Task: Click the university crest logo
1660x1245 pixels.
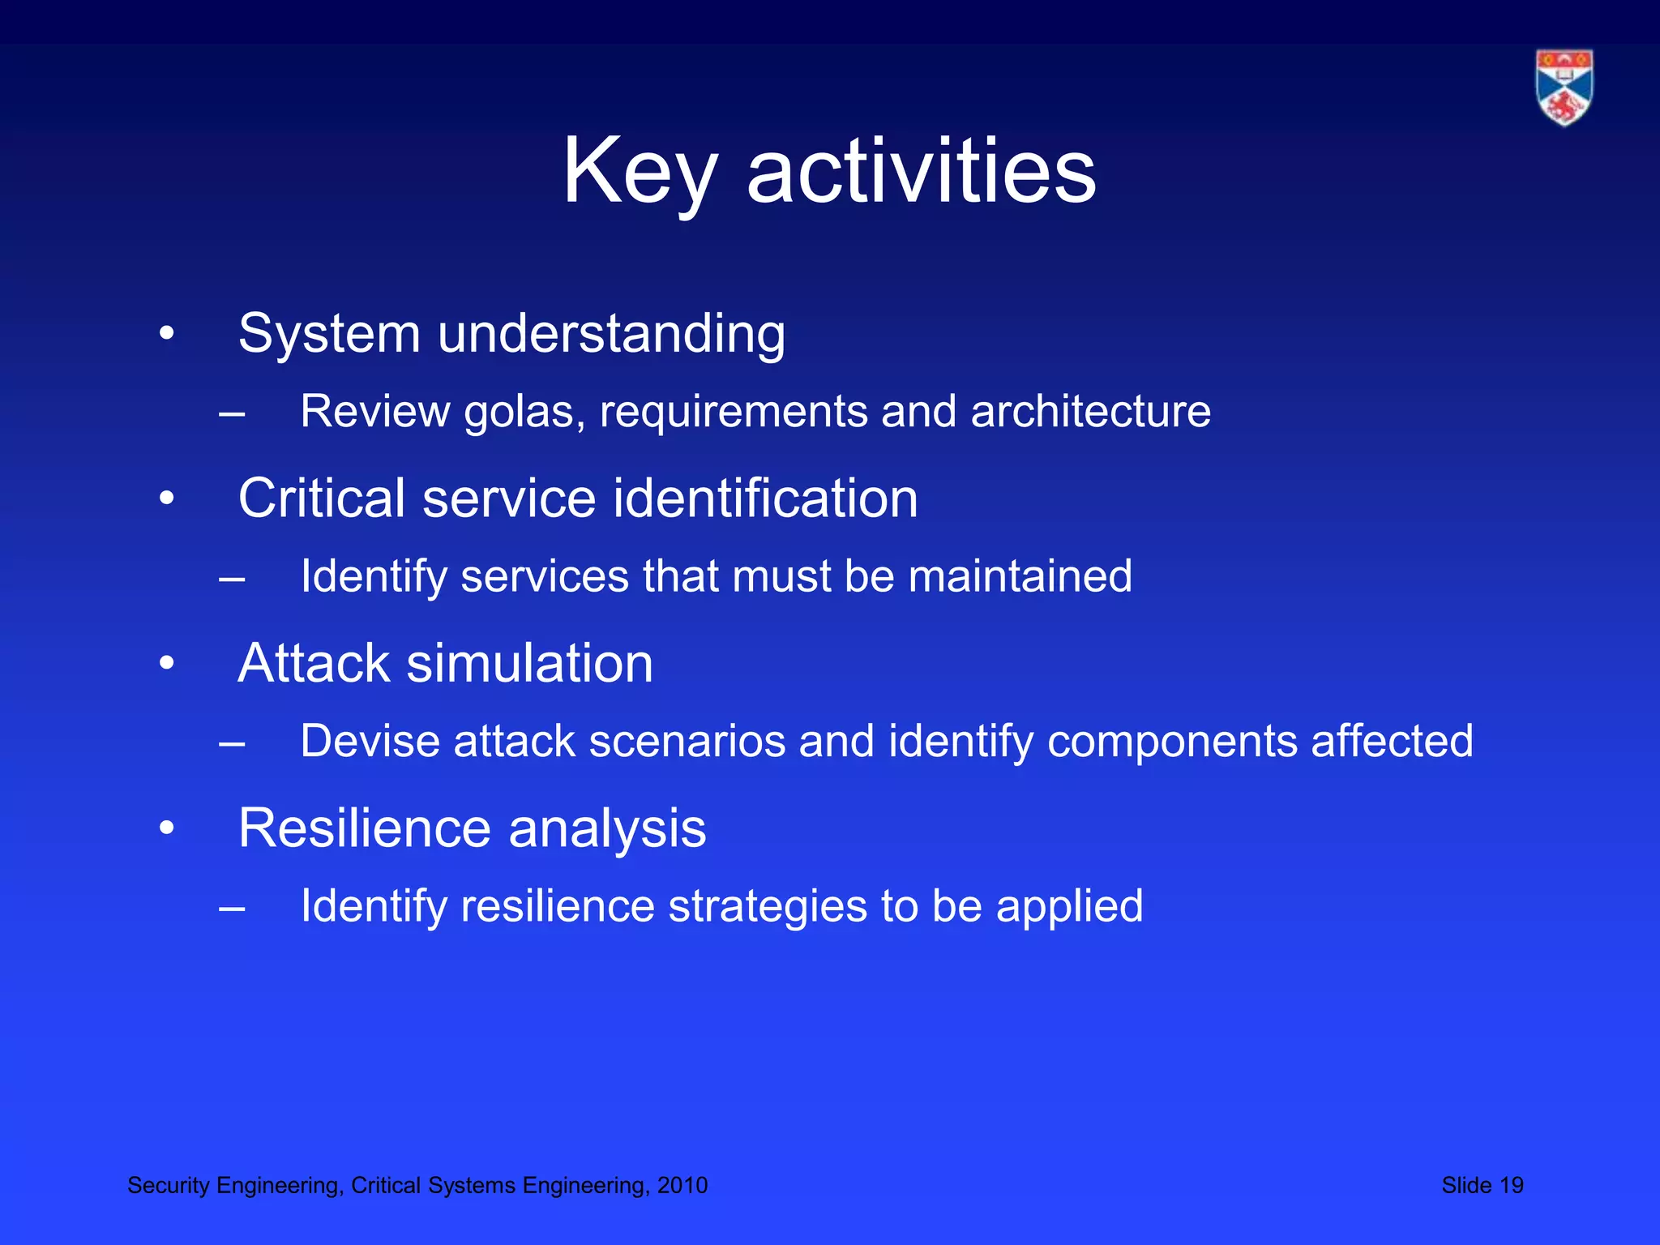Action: coord(1564,88)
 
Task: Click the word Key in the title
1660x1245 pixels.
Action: coord(640,171)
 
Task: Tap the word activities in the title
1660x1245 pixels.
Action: coord(921,171)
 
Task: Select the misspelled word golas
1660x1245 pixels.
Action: coord(524,412)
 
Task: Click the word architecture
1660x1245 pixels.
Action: coord(1090,411)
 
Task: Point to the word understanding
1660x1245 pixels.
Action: coord(611,333)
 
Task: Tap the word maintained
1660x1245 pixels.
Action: coord(1020,576)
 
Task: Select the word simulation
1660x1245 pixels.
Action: coord(529,663)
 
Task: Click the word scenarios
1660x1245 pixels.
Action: coord(687,741)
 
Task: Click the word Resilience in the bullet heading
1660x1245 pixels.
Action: coord(365,828)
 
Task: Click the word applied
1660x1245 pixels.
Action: coord(1069,906)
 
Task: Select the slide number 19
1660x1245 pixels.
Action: coord(1511,1185)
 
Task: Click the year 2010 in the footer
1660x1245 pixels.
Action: coord(682,1185)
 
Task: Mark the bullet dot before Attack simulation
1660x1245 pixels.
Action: coord(167,664)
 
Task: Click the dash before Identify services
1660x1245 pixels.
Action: coord(232,578)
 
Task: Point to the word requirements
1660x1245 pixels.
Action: coord(734,412)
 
